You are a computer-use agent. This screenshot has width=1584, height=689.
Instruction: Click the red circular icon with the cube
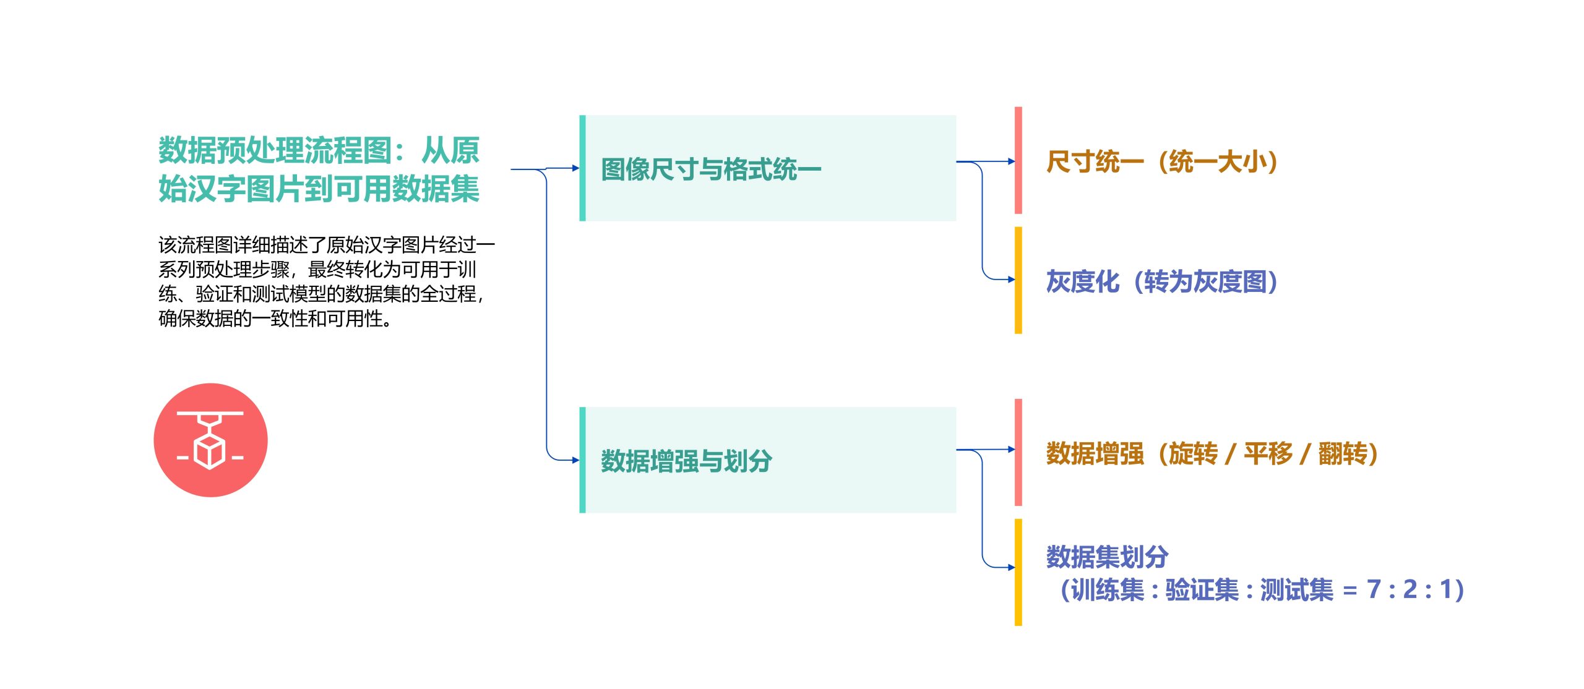coord(210,440)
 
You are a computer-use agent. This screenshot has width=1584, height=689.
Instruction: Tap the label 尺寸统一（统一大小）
coord(1162,162)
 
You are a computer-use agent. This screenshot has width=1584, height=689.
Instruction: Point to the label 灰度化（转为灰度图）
coord(1162,282)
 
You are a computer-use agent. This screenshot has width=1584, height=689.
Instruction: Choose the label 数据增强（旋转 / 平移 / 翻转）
coord(1212,454)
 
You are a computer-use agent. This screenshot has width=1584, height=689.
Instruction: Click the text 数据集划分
coord(1107,557)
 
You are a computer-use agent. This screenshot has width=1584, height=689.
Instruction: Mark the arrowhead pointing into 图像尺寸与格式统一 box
coord(576,168)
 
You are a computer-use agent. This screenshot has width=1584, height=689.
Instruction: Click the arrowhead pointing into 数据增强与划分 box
coord(576,460)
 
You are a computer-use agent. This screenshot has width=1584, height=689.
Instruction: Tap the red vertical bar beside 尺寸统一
coord(1018,160)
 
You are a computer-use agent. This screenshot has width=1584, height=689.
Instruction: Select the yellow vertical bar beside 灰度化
coord(1018,280)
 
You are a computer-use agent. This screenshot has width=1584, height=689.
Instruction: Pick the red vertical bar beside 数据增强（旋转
coord(1018,452)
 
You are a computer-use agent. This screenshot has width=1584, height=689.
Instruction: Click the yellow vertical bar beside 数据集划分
coord(1018,572)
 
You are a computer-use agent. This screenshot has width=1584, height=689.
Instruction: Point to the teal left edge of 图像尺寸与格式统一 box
coord(582,168)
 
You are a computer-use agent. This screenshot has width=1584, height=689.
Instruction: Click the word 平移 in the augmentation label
coord(1268,454)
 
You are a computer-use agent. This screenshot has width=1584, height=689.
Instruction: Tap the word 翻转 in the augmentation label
coord(1342,454)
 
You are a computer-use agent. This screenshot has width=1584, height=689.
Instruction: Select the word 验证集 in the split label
coord(1202,590)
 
